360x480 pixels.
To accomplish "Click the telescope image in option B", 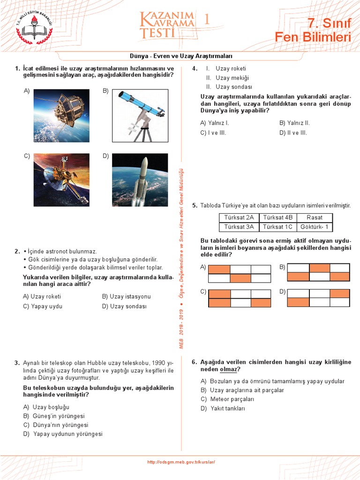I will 140,115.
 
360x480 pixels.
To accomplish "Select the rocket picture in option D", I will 140,180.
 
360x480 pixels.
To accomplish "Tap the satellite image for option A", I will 61,115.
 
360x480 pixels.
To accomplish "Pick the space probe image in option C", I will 61,180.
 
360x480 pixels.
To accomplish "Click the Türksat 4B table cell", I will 277,217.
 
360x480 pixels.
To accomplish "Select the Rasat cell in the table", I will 314,217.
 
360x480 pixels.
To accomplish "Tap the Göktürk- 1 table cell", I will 314,227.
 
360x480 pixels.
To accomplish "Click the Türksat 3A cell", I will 239,227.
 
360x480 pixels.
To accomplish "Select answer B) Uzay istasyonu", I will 126,296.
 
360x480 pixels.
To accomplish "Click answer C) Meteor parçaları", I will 227,399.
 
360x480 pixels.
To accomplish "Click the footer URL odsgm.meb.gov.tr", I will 181,462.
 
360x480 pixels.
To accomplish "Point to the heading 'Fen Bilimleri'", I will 313,37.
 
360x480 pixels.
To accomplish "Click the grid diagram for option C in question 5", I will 239,298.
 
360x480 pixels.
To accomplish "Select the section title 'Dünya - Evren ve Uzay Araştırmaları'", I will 181,56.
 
